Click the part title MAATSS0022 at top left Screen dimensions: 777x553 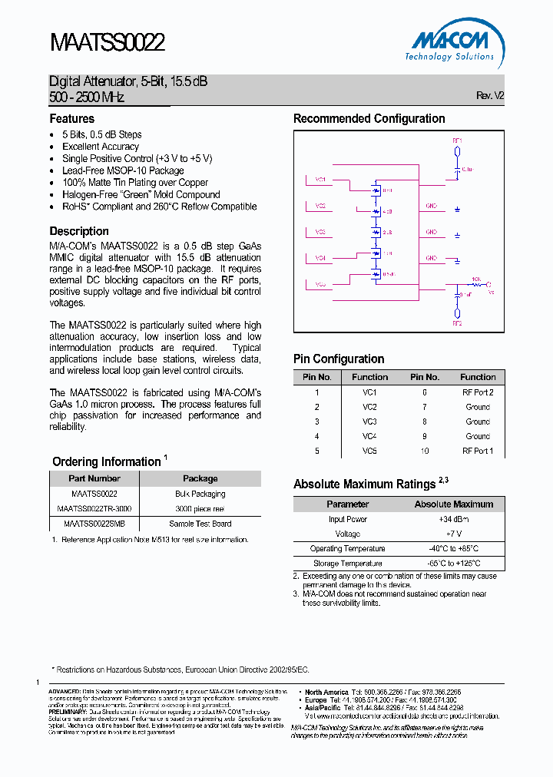coord(107,42)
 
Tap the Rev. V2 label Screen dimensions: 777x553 coord(490,96)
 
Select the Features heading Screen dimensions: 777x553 coord(72,119)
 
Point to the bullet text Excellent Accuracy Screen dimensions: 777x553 coord(101,147)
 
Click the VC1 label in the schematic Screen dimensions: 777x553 coord(320,180)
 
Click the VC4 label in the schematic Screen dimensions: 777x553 coord(320,258)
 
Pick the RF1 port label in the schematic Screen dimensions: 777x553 coord(457,141)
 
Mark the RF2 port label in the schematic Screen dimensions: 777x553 coord(457,323)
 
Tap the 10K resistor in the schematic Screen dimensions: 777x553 coord(476,283)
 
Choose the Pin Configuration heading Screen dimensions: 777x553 coord(339,359)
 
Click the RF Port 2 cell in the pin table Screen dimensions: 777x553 coord(478,392)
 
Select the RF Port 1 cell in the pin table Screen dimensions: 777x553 coord(478,451)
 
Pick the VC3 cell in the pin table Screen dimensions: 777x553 coord(369,422)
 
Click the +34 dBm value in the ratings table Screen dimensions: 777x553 coord(453,520)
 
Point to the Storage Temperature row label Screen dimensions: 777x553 coord(347,564)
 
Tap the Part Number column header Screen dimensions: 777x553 coord(94,478)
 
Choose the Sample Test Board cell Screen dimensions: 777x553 coord(200,524)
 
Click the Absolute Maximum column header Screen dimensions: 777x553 coord(453,504)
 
